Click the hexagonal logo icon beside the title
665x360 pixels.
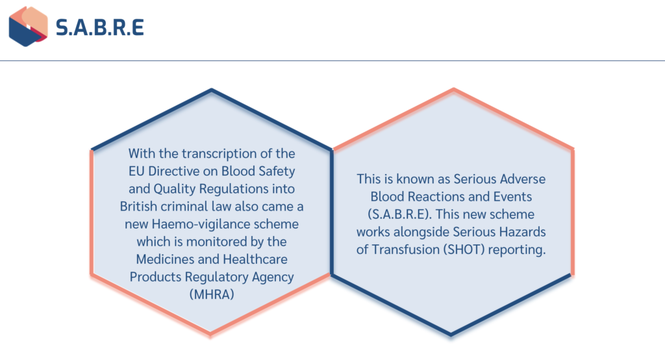tap(28, 27)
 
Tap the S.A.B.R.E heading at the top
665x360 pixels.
tap(99, 27)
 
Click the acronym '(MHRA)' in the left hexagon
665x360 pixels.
tap(211, 294)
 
